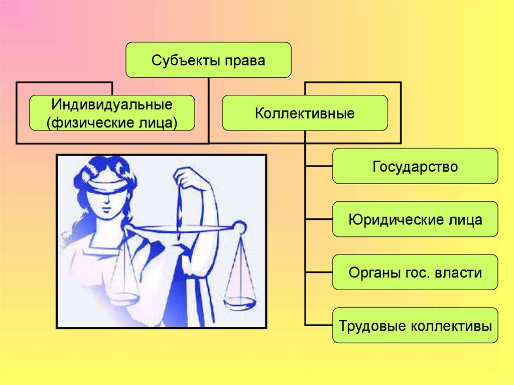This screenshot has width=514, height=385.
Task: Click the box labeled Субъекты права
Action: coord(208,60)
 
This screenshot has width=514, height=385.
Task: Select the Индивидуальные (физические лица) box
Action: coord(111,113)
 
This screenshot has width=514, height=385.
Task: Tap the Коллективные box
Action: coord(305,113)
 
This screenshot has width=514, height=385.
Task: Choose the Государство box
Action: coord(415,166)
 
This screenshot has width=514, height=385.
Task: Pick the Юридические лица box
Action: coord(415,219)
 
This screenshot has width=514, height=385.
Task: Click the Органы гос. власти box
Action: coord(415,273)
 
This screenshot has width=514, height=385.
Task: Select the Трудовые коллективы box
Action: coord(415,326)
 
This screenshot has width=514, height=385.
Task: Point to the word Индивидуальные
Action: coord(111,105)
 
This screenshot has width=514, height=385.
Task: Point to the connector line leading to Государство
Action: coord(319,166)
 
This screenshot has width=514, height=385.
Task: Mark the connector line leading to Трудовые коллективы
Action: coord(319,326)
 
